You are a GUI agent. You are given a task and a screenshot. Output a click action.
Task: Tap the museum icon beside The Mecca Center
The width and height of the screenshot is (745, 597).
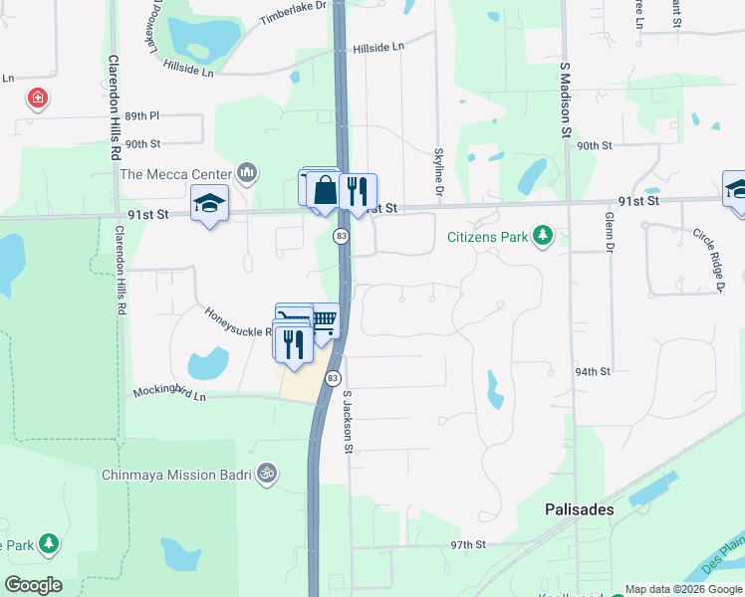[248, 174]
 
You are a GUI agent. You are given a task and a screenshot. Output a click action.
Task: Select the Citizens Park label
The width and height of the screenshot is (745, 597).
[486, 237]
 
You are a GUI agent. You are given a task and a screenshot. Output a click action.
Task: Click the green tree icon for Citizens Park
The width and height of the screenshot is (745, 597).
[543, 236]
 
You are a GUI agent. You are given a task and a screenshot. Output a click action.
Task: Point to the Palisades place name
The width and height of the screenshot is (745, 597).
[579, 508]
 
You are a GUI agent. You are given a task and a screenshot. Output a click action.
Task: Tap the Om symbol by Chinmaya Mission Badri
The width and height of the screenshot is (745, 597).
[266, 474]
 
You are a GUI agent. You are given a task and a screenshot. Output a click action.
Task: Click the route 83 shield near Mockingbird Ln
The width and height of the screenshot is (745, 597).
[333, 378]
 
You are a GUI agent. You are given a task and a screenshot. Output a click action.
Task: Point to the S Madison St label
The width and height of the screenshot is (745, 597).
[564, 99]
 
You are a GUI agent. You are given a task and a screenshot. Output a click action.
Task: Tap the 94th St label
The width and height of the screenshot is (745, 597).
[592, 371]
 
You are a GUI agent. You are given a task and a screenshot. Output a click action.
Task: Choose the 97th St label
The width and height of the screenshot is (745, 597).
[467, 545]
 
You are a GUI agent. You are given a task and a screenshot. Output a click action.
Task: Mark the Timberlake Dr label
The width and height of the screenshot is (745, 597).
[293, 13]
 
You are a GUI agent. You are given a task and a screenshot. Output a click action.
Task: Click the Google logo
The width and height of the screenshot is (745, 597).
[33, 584]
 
